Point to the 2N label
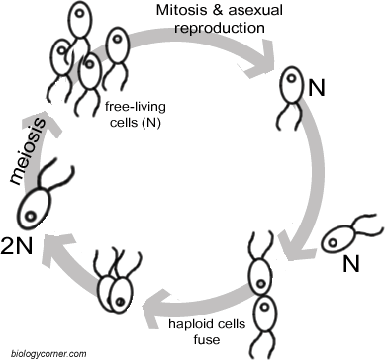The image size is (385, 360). click(x=20, y=244)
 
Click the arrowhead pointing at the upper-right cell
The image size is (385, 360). click(x=280, y=60)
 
